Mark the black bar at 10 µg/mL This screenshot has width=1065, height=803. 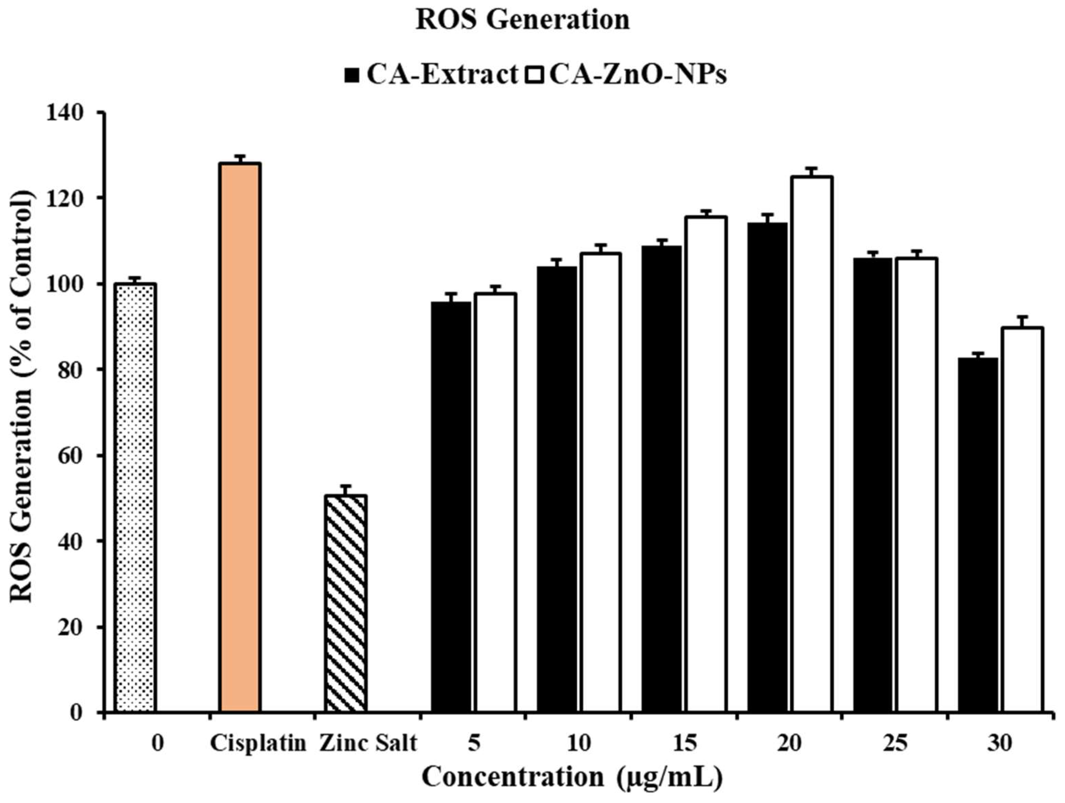tap(556, 489)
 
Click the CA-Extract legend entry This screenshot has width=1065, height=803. tap(431, 75)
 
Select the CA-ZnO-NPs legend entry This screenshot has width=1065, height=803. tap(628, 75)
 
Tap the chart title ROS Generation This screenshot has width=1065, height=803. tap(522, 20)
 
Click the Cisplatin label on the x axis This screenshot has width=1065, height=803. tap(258, 743)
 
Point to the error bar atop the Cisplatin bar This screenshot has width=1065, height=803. tap(240, 158)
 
